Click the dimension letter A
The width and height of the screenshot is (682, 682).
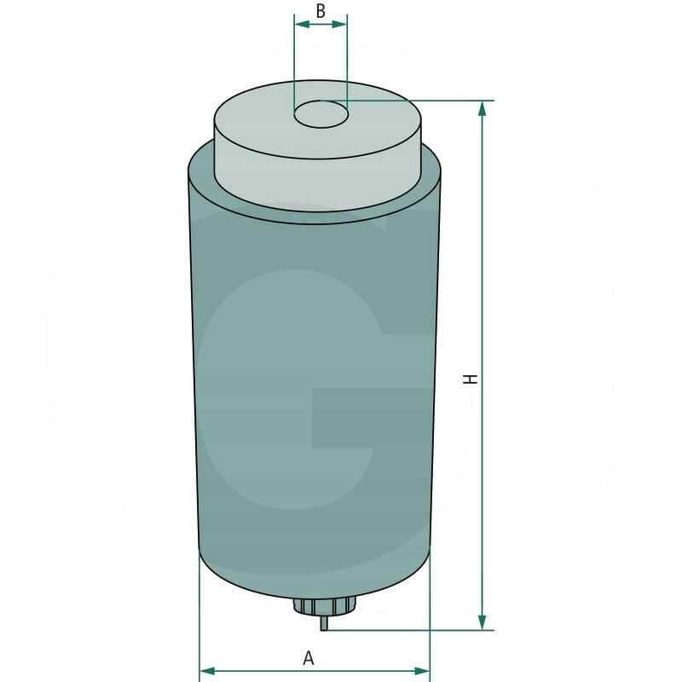coord(309,657)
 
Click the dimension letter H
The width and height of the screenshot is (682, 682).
coord(469,378)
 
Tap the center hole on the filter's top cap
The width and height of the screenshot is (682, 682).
coord(321,114)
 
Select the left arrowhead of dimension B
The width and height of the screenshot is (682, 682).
coord(300,24)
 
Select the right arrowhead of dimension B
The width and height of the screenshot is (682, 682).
coord(341,24)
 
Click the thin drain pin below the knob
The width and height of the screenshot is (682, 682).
coord(324,623)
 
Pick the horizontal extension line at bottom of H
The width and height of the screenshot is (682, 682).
coord(409,630)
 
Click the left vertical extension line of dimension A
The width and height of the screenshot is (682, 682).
coord(199,622)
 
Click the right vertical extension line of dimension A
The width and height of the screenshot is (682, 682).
coord(430,622)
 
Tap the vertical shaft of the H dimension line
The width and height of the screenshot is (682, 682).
coord(483,256)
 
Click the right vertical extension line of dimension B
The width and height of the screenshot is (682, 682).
coord(347,60)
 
